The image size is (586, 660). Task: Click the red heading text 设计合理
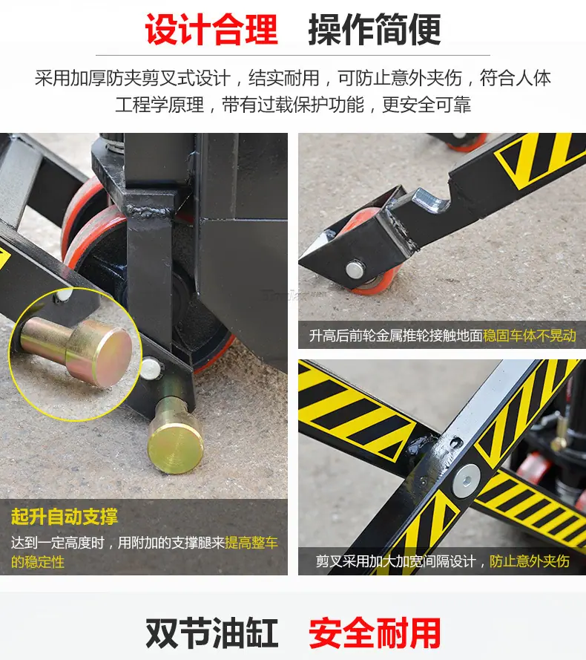211,29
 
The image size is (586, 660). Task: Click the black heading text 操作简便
375,29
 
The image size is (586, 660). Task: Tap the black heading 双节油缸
211,633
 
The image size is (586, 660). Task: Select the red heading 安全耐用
375,633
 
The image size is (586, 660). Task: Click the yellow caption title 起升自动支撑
65,517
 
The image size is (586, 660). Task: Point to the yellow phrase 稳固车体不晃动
530,336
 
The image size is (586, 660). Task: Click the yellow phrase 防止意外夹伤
530,561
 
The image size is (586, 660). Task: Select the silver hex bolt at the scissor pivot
466,480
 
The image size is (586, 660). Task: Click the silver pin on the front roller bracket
355,269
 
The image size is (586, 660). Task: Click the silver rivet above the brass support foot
150,368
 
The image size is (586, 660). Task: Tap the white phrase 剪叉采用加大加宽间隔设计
396,561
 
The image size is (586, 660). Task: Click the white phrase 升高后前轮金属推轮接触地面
395,336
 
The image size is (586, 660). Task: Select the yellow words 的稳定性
38,562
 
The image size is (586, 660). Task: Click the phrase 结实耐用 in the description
284,78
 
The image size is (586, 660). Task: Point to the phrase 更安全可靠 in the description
426,105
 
